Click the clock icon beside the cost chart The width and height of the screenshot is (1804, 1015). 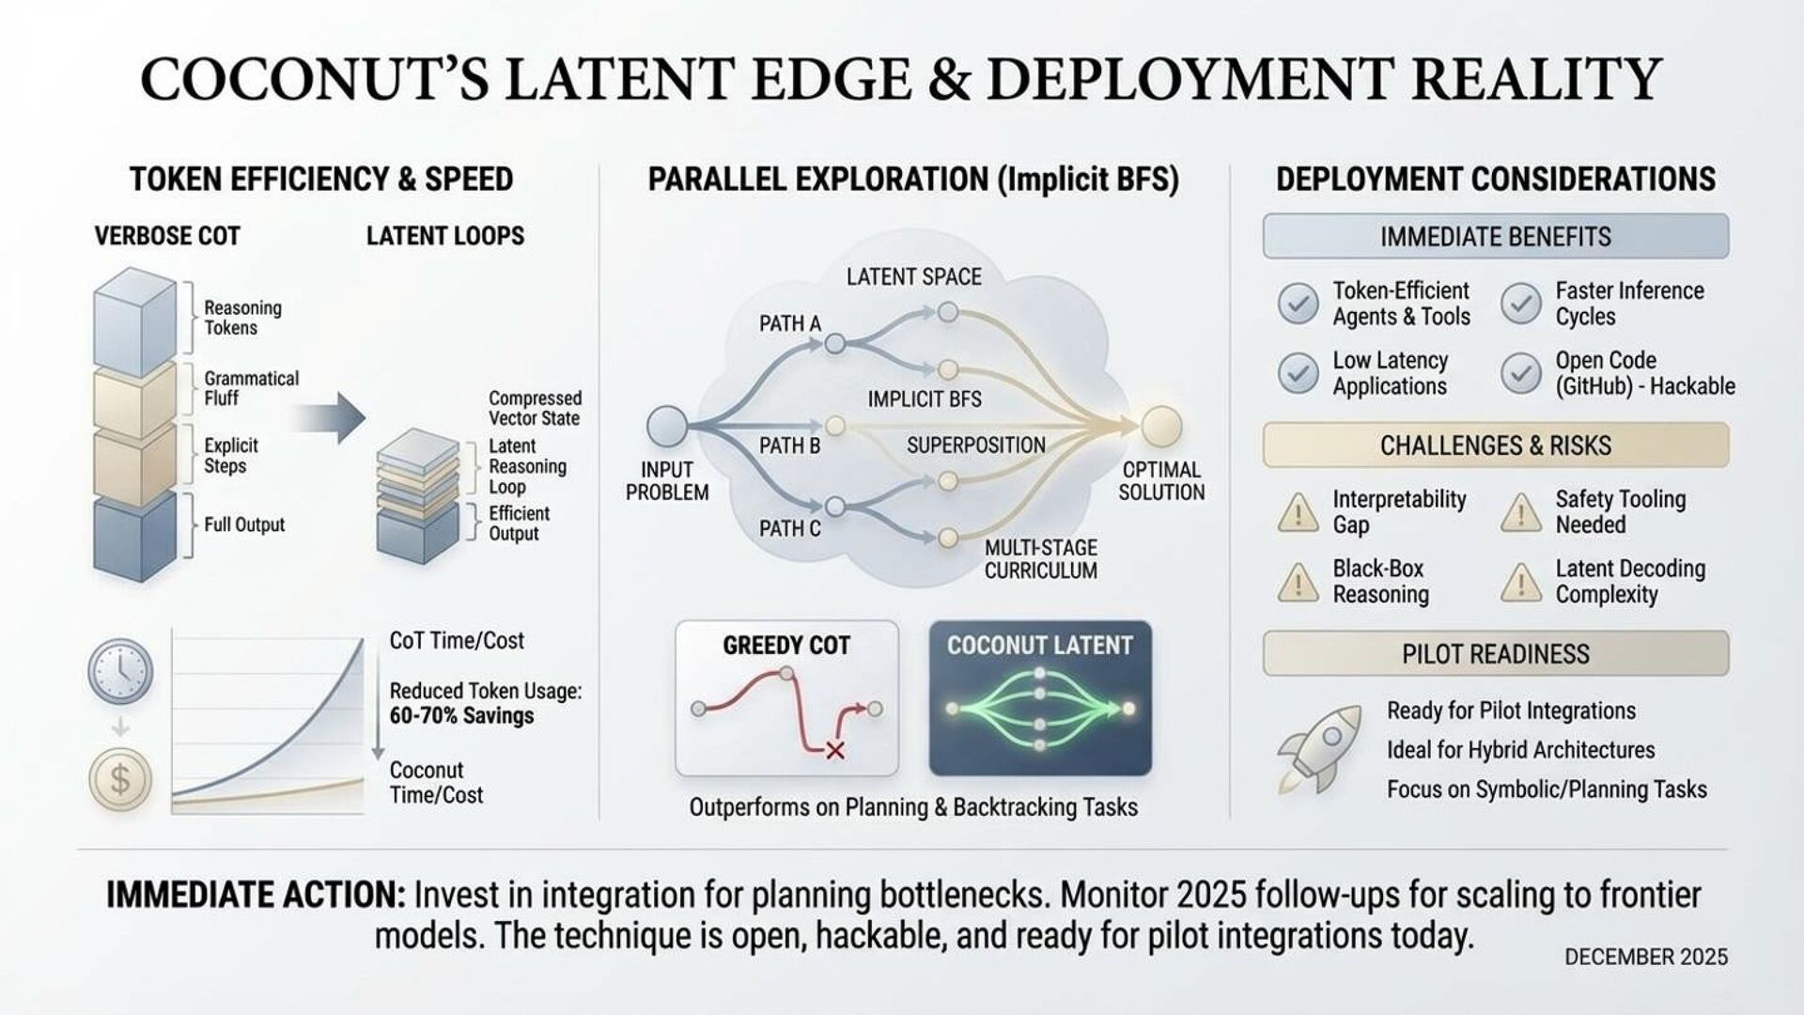(x=119, y=672)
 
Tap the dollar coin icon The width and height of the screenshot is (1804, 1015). (x=119, y=779)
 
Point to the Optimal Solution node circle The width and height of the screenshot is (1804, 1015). (x=1161, y=426)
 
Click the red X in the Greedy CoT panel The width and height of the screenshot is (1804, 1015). (x=833, y=750)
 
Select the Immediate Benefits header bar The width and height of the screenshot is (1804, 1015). (x=1495, y=237)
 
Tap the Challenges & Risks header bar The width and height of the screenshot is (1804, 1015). (x=1495, y=445)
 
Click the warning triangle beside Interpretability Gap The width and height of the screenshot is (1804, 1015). (x=1298, y=513)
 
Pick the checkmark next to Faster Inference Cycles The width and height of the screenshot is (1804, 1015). (x=1520, y=304)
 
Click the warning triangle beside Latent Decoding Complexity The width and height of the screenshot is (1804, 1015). (x=1520, y=583)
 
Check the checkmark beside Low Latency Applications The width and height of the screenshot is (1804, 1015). (x=1298, y=373)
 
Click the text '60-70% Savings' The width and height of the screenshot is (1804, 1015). (x=461, y=716)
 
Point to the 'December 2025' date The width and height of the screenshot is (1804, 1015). (x=1645, y=957)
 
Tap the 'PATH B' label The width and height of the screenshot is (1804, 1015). (x=789, y=446)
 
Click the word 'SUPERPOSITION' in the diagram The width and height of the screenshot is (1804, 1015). (x=975, y=445)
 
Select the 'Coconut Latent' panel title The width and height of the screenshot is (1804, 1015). (x=1039, y=646)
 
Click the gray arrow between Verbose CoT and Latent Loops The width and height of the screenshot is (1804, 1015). (x=329, y=417)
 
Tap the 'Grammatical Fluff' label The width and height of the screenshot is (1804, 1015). (x=251, y=388)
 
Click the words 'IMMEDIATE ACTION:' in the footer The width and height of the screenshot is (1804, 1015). (x=256, y=895)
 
